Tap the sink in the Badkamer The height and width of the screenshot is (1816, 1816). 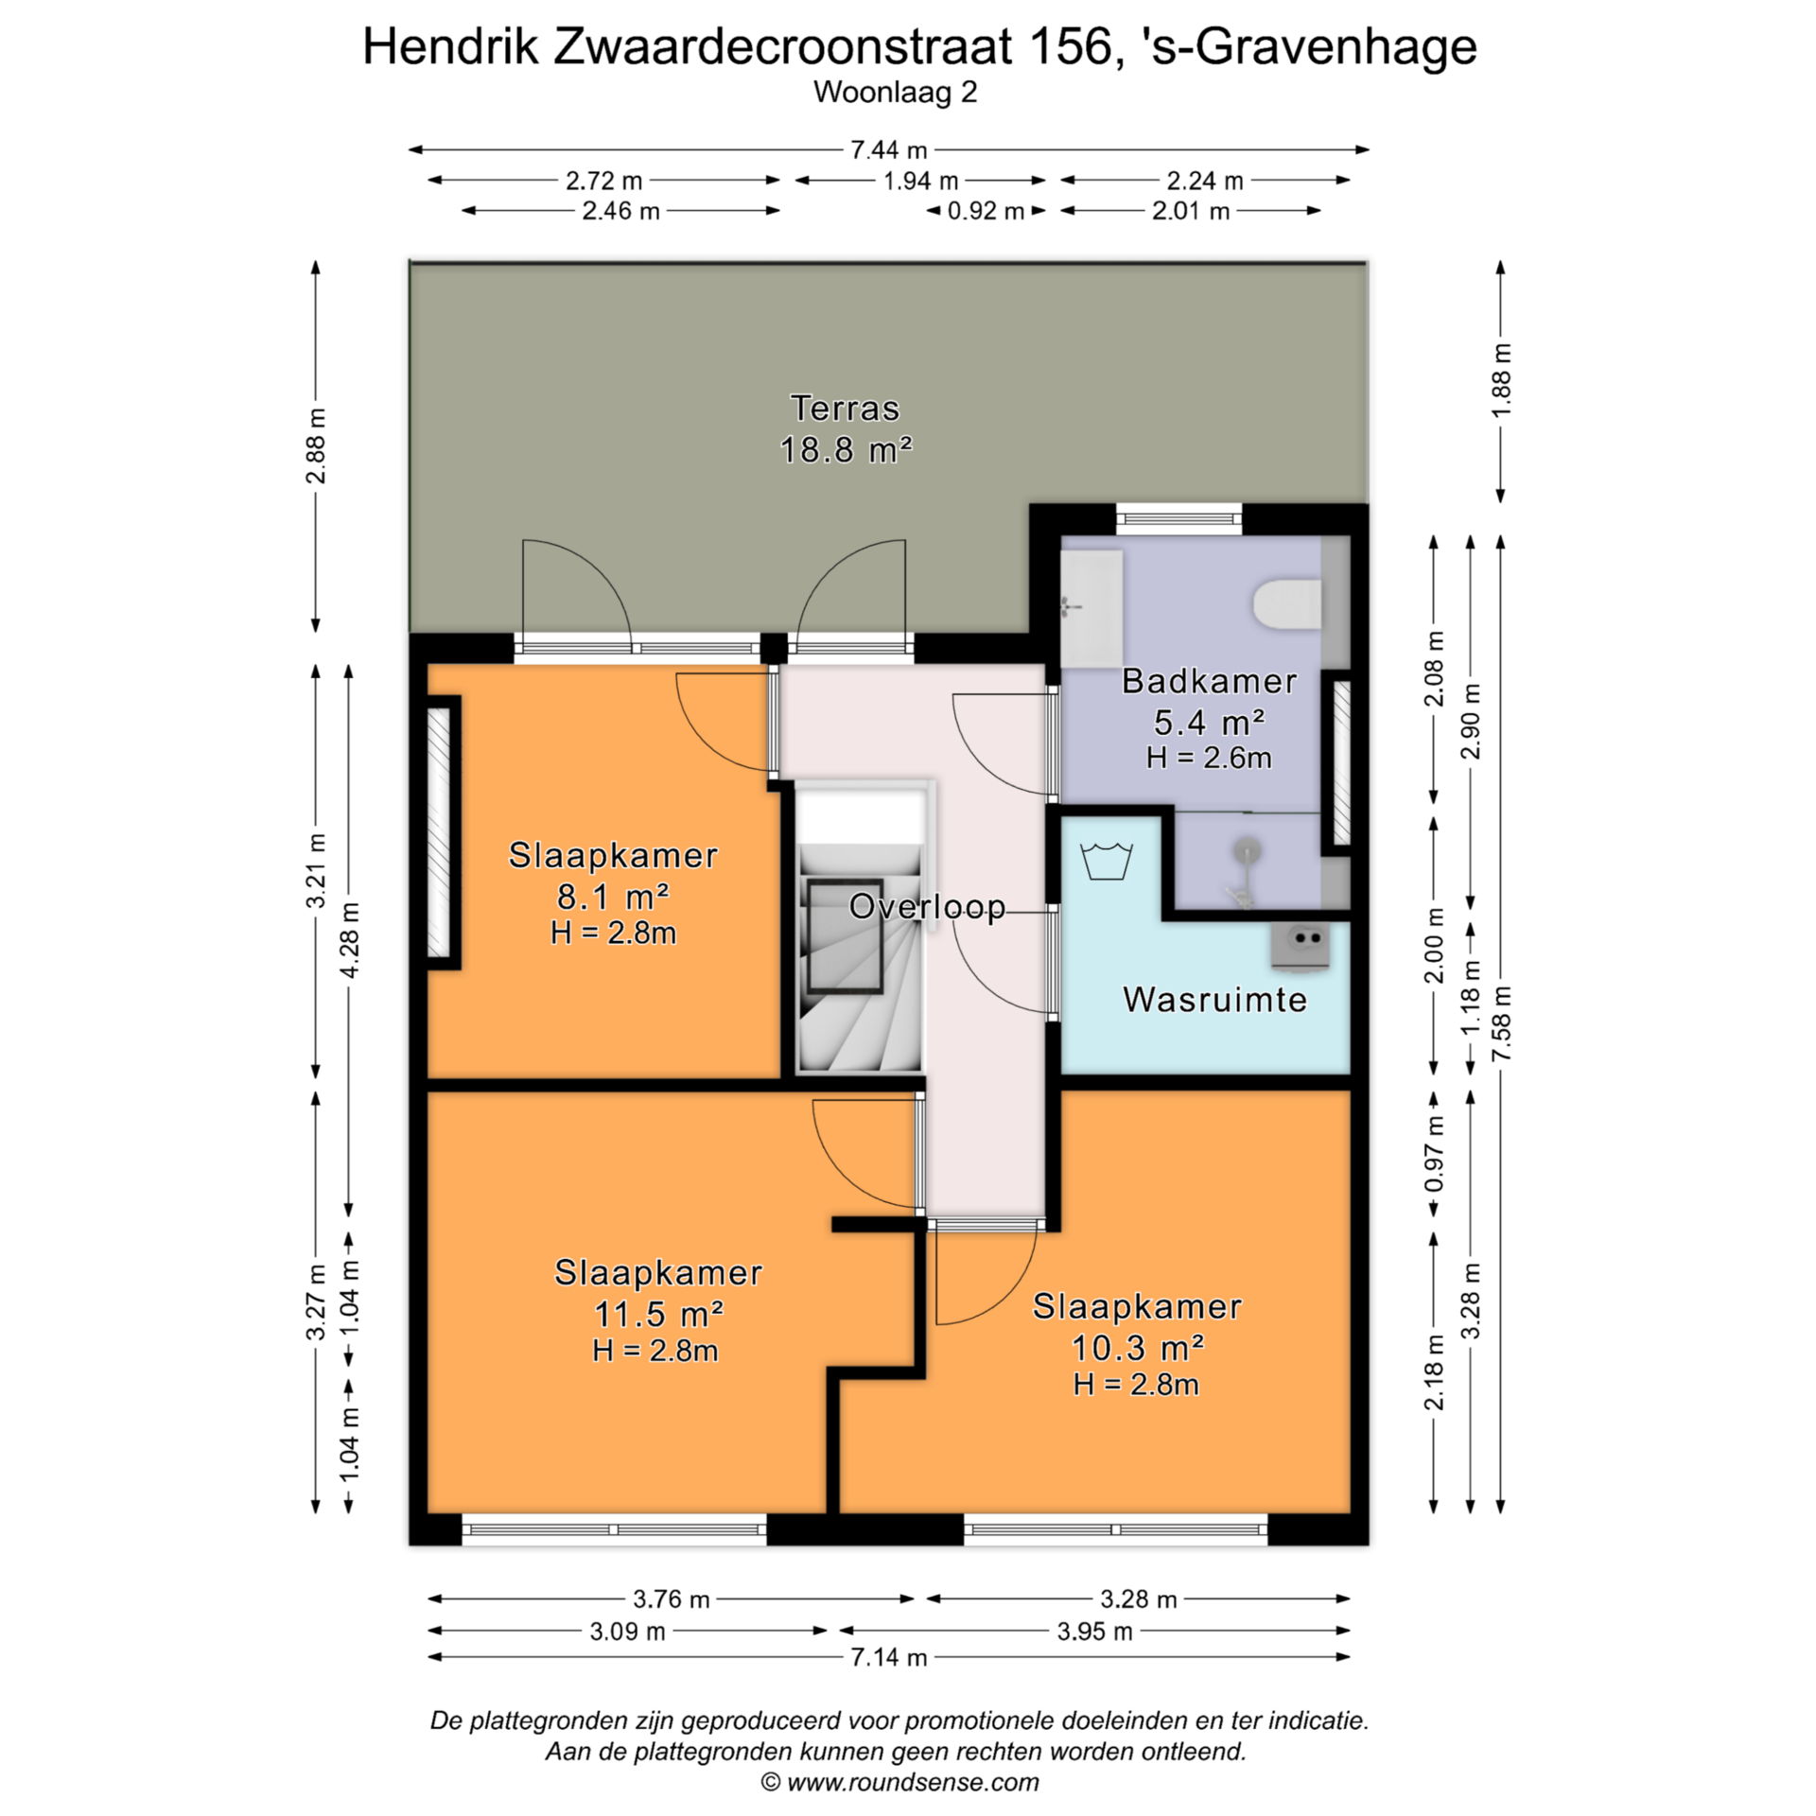pyautogui.click(x=1091, y=607)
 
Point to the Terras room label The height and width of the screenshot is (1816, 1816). pyautogui.click(x=845, y=409)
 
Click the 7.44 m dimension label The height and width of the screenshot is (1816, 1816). pyautogui.click(x=889, y=149)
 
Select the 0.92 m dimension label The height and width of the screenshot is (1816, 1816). pyautogui.click(x=987, y=210)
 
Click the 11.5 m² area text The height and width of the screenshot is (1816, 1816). pyautogui.click(x=658, y=1314)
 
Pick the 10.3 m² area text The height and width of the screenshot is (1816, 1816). pyautogui.click(x=1137, y=1348)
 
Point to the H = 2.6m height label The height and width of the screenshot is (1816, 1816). pyautogui.click(x=1209, y=758)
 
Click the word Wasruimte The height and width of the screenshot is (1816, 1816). pyautogui.click(x=1215, y=1000)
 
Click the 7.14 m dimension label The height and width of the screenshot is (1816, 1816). pyautogui.click(x=889, y=1656)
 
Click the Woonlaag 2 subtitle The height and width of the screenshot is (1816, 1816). pyautogui.click(x=895, y=93)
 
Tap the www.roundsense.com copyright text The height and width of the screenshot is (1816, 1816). pyautogui.click(x=913, y=1783)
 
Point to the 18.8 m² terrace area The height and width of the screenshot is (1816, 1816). pyautogui.click(x=846, y=449)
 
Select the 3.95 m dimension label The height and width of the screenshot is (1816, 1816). pyautogui.click(x=1094, y=1631)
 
